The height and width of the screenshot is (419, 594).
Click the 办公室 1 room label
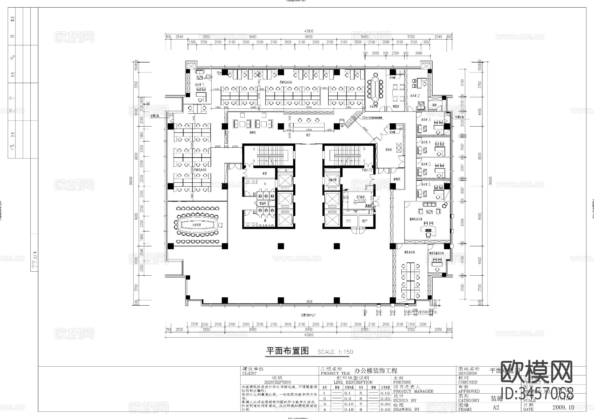[199, 85]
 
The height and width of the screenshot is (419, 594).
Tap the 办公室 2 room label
[415, 96]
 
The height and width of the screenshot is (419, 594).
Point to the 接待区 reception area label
[253, 133]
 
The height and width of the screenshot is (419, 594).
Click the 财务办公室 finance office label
[409, 252]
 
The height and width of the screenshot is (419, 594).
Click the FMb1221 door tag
[367, 170]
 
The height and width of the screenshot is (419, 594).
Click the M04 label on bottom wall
[309, 301]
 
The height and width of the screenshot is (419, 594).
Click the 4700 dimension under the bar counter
[309, 130]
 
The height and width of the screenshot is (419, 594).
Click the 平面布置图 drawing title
[287, 351]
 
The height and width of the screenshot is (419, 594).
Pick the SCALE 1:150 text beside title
[335, 352]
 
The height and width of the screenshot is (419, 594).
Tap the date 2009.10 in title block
[563, 407]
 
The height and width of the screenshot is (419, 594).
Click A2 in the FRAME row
[496, 407]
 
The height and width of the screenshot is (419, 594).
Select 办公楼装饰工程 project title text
[376, 371]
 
